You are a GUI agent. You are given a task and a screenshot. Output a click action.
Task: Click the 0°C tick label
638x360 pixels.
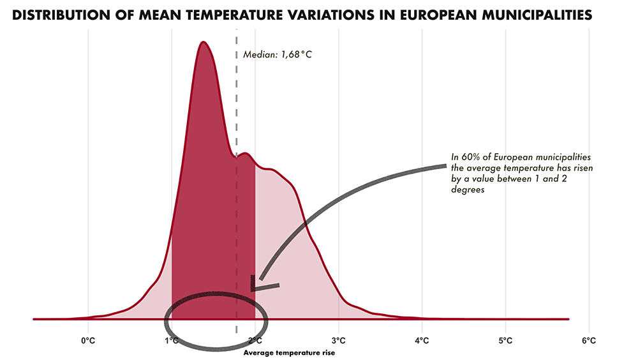tap(88, 341)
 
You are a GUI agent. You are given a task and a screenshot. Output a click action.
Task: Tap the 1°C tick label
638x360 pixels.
tap(172, 341)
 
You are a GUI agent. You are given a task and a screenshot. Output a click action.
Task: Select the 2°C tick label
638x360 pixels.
tap(255, 341)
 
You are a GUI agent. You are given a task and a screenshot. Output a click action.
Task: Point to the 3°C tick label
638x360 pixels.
tap(338, 341)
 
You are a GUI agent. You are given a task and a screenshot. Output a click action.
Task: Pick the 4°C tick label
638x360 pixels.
tap(422, 341)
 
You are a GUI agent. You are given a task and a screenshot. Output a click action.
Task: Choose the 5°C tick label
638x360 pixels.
tap(505, 341)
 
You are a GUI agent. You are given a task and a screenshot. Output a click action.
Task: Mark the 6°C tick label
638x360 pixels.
tap(588, 341)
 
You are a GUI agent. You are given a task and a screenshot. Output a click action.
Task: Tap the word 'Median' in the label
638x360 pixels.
tap(258, 54)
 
